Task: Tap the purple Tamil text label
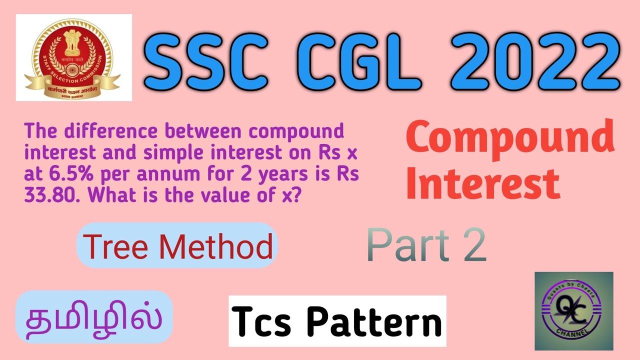pyautogui.click(x=94, y=317)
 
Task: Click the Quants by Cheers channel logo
pyautogui.click(x=573, y=310)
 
